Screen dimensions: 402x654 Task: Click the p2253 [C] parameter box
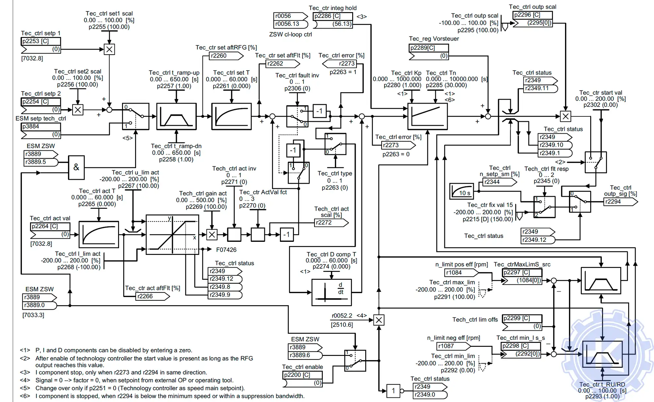[x=41, y=41]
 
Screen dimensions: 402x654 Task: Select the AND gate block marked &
[x=76, y=167]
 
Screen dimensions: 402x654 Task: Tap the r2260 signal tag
[x=226, y=56]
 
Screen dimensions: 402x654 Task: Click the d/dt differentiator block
[x=331, y=292]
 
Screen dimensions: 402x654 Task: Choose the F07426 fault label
[x=226, y=250]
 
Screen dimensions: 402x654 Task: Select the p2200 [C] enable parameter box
[x=302, y=375]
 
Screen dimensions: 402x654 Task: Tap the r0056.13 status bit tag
[x=290, y=24]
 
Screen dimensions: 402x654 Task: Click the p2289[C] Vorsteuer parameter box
[x=428, y=48]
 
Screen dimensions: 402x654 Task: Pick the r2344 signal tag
[x=499, y=182]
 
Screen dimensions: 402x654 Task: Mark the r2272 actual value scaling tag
[x=331, y=223]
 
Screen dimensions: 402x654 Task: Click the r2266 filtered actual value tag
[x=152, y=296]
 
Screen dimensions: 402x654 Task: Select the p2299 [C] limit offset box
[x=522, y=318]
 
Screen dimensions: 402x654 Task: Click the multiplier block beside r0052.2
[x=379, y=320]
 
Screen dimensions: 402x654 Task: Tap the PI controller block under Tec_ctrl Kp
[x=427, y=116]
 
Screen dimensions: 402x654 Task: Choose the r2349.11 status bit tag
[x=540, y=88]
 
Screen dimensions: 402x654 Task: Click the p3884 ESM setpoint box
[x=41, y=127]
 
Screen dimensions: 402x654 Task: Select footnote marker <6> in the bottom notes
[x=25, y=396]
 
